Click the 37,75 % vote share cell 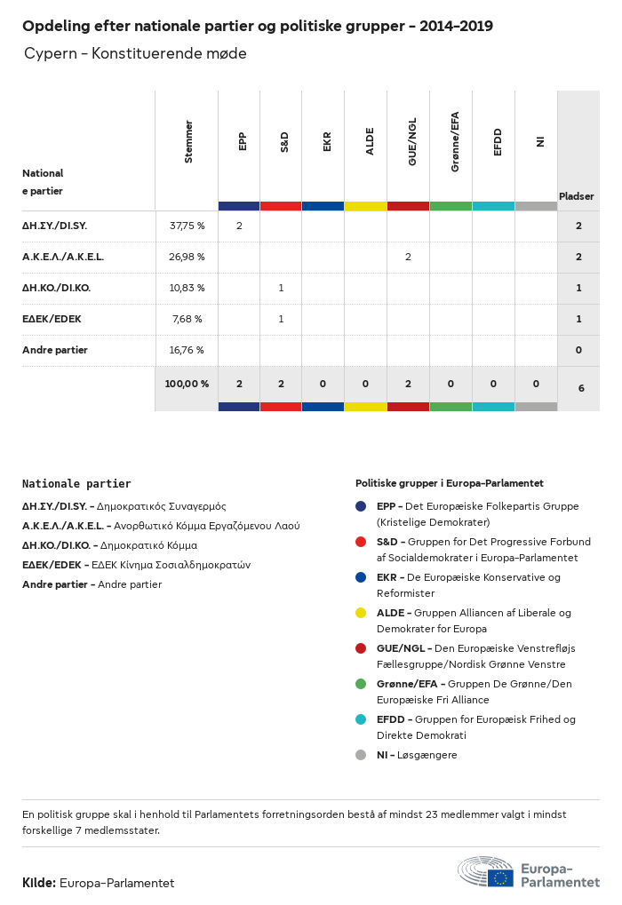tap(187, 226)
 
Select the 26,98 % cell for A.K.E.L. tap(187, 257)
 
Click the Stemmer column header tap(188, 142)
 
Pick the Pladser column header tap(577, 196)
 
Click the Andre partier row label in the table tap(55, 350)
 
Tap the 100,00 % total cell tap(187, 384)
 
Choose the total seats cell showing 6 tap(581, 388)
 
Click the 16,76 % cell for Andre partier tap(187, 350)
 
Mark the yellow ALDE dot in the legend tap(361, 613)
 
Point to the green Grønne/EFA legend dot tap(361, 684)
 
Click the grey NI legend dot tap(361, 755)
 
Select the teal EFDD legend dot tap(361, 719)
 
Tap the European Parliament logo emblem tap(485, 871)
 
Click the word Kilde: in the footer tap(39, 883)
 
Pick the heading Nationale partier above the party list tap(76, 484)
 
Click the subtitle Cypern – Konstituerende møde tap(135, 54)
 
